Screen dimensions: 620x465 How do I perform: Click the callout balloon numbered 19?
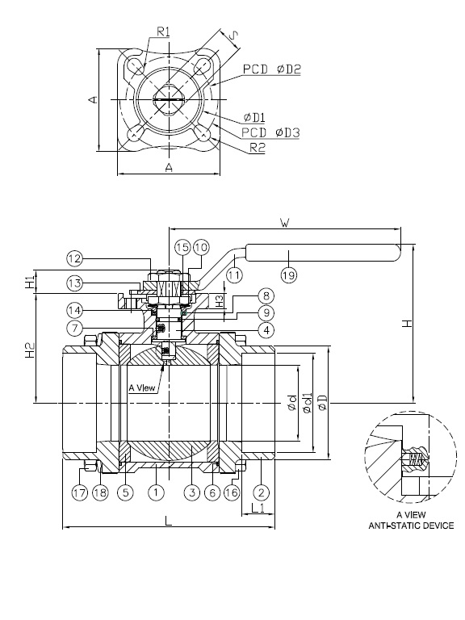click(x=289, y=274)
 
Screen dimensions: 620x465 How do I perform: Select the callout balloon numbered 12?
click(x=74, y=258)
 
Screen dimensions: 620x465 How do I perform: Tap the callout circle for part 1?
click(x=156, y=491)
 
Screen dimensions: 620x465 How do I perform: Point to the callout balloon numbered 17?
click(x=79, y=491)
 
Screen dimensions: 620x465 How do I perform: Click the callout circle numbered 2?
click(x=261, y=491)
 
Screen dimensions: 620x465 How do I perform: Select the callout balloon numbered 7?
click(x=74, y=328)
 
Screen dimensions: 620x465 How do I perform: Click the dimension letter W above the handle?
click(x=283, y=220)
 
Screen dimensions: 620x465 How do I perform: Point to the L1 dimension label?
click(x=258, y=508)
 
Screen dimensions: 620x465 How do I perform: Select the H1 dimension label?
click(x=30, y=283)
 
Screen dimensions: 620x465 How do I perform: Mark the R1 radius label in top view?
click(x=162, y=32)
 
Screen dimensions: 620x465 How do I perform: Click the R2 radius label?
click(x=258, y=149)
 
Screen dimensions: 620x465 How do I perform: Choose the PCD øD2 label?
click(x=271, y=70)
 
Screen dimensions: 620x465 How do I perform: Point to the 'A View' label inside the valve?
click(x=142, y=387)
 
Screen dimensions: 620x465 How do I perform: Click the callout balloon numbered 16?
click(x=232, y=491)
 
